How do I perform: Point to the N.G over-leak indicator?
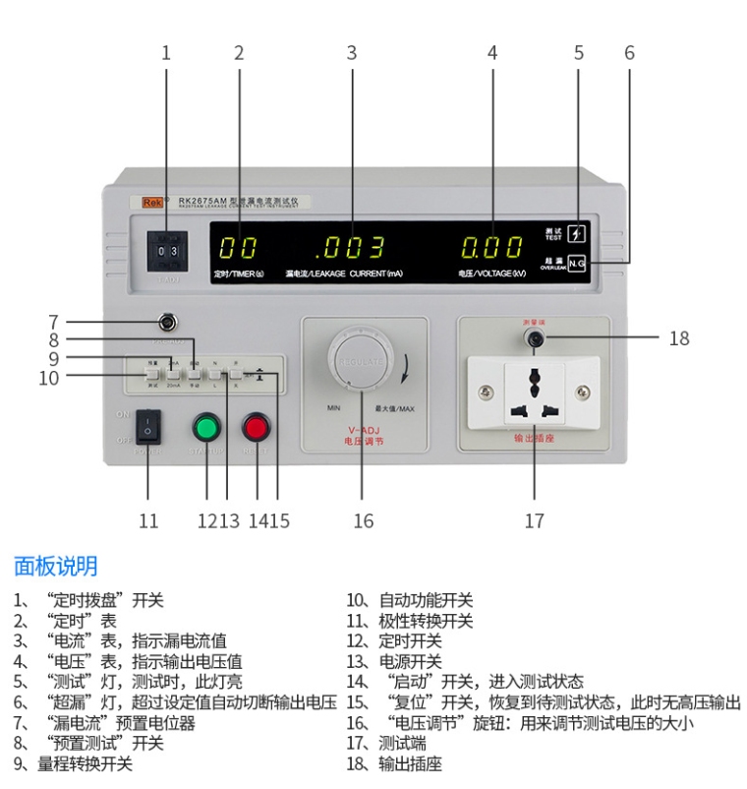coord(578,263)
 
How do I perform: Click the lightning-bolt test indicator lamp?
coord(578,234)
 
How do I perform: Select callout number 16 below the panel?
coord(364,520)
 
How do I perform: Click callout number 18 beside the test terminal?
coord(679,338)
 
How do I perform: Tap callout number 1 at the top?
coord(166,52)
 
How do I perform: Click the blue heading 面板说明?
coord(55,566)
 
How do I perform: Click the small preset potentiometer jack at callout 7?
coord(167,321)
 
